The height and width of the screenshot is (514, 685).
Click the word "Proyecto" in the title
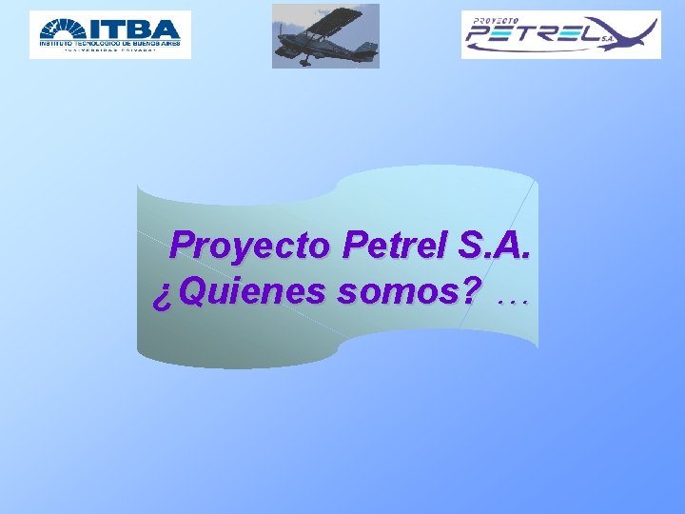(x=249, y=247)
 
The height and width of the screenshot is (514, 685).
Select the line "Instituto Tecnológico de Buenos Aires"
(x=109, y=43)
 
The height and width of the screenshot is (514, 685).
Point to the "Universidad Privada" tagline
(x=109, y=51)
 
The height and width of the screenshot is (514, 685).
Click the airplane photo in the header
(x=325, y=36)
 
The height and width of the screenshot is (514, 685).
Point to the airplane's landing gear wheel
(x=303, y=62)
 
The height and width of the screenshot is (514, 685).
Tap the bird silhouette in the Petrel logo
(x=628, y=33)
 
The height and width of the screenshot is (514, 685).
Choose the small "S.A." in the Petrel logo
(x=606, y=39)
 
